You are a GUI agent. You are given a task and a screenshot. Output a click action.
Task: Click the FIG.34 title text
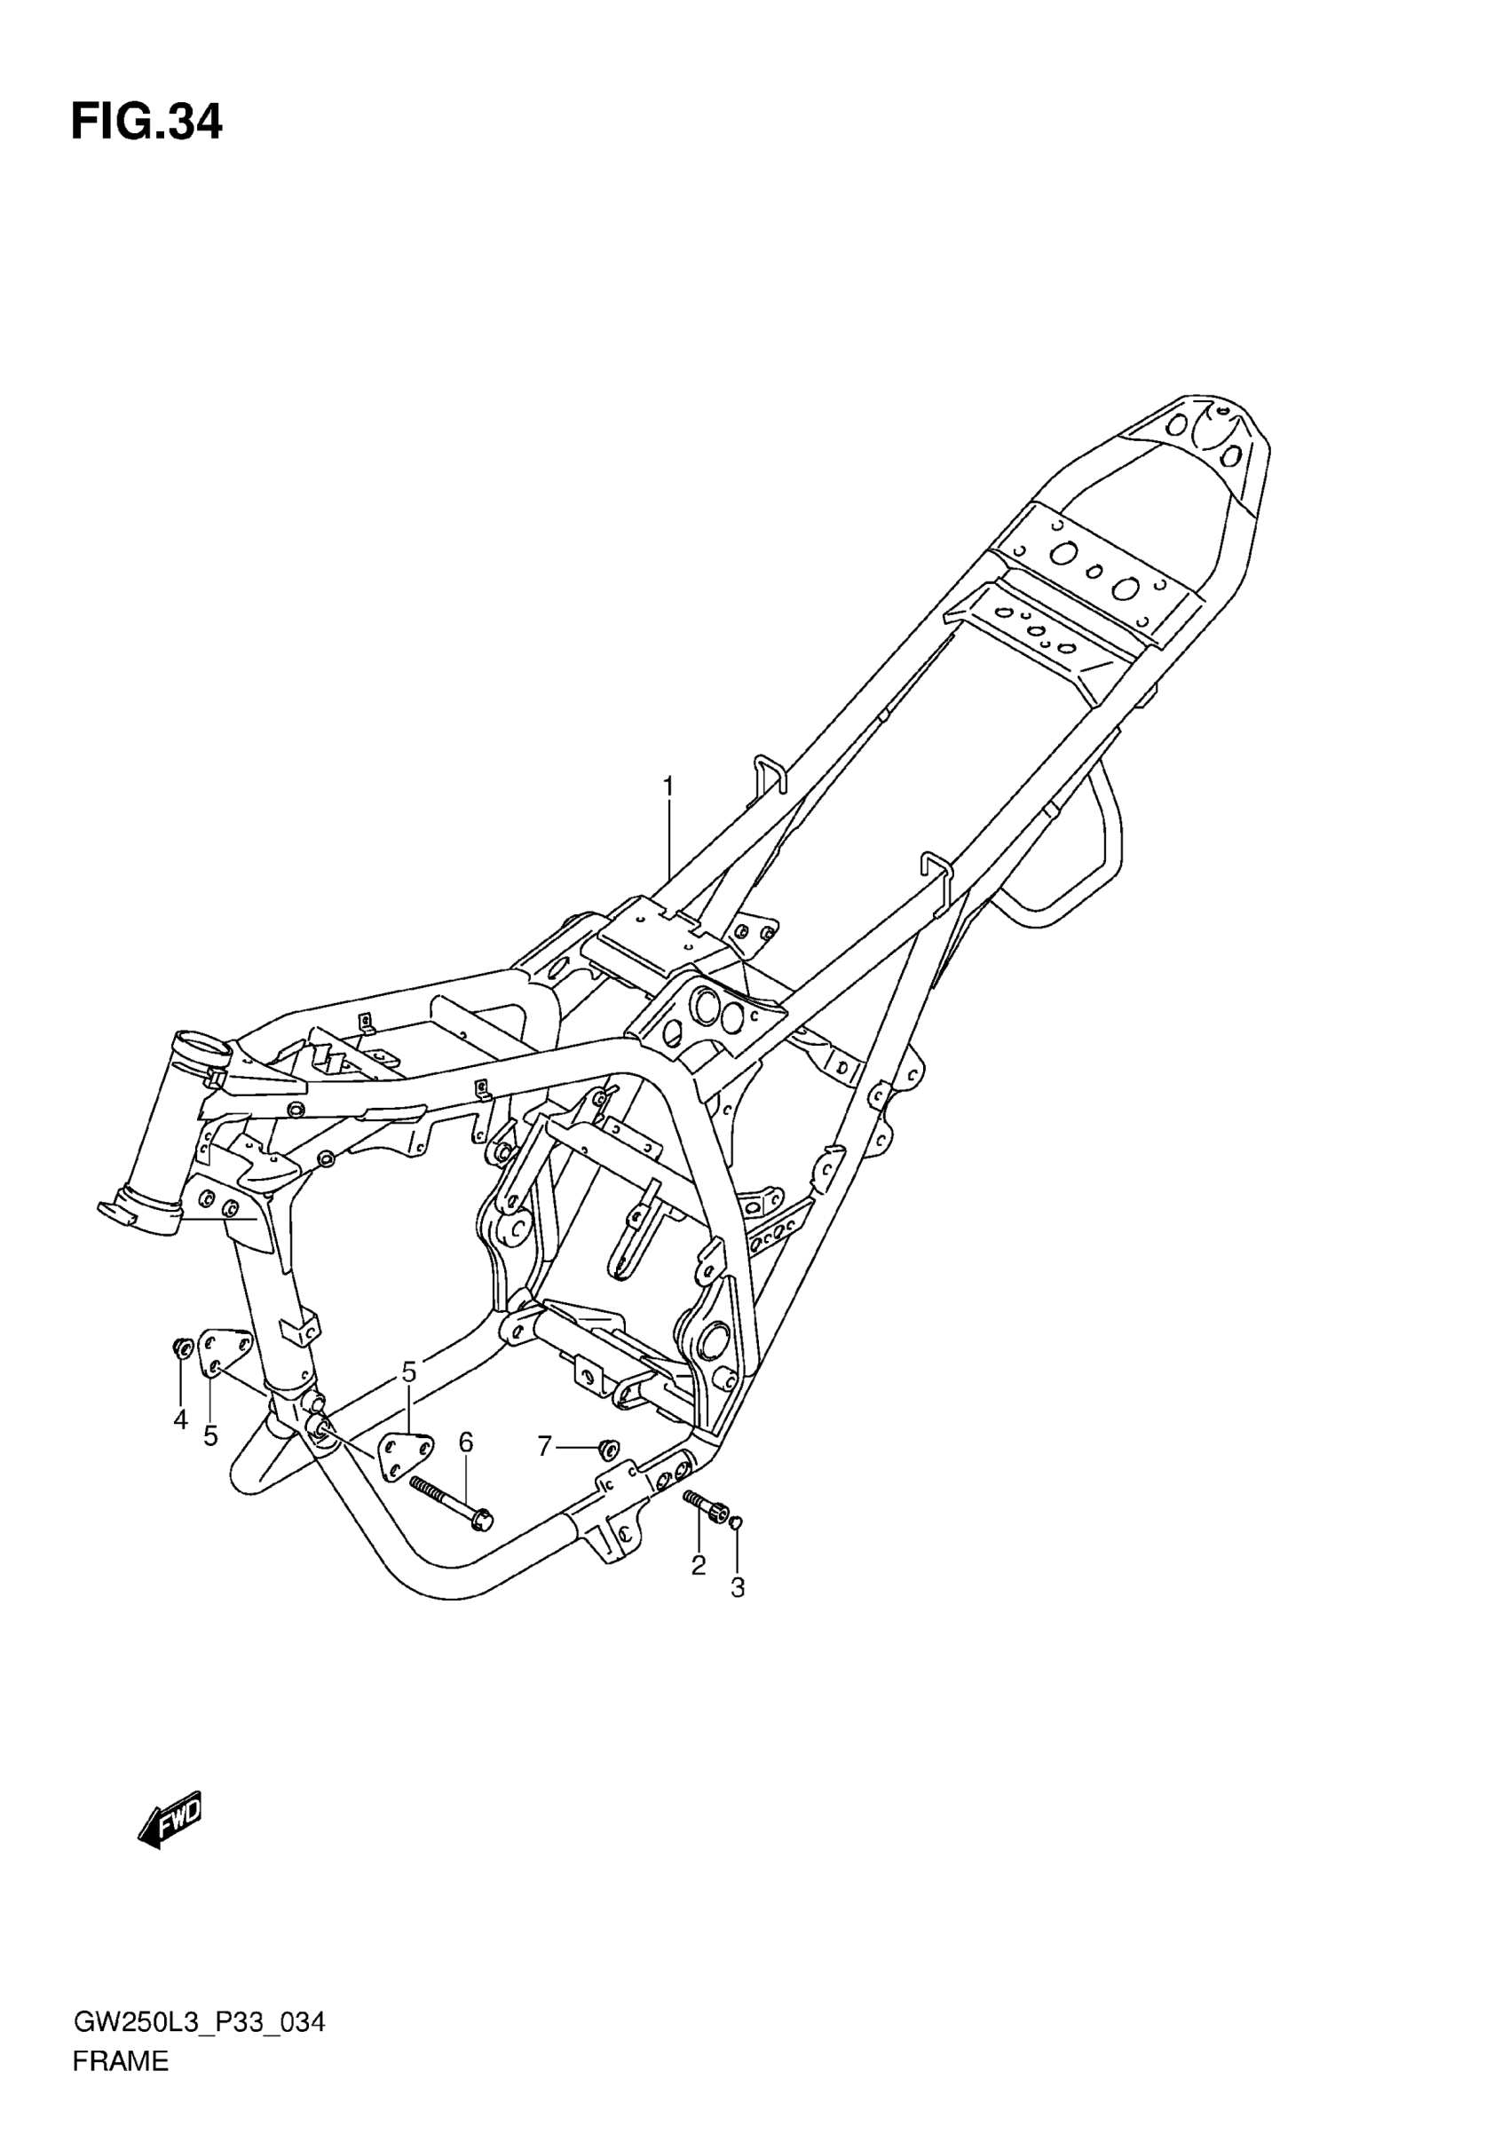click(x=146, y=123)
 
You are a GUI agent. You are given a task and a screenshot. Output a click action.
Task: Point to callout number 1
click(x=668, y=786)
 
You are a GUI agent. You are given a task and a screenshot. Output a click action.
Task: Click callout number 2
click(x=699, y=1565)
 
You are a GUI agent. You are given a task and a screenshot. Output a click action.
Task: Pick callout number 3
click(x=738, y=1588)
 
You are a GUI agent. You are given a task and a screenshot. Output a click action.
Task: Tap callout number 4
click(x=180, y=1419)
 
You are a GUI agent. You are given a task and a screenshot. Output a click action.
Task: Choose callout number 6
click(x=465, y=1442)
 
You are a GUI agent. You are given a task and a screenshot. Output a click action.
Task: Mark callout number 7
click(x=544, y=1445)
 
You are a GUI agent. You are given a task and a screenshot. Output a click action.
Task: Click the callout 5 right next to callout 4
click(x=211, y=1436)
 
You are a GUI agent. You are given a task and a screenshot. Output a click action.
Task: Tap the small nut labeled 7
click(x=610, y=1447)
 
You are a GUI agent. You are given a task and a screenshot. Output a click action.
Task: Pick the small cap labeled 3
click(x=735, y=1521)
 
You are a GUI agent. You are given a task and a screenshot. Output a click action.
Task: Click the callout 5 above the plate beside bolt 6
click(x=409, y=1371)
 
